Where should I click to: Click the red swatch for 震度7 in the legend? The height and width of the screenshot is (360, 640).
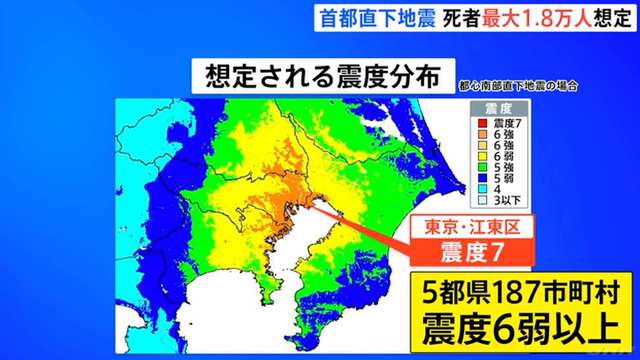pyautogui.click(x=482, y=123)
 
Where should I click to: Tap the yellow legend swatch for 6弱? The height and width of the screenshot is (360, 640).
pyautogui.click(x=482, y=156)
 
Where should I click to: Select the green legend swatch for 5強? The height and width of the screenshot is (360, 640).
pyautogui.click(x=482, y=167)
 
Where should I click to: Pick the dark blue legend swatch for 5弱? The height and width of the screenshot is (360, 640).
pyautogui.click(x=482, y=178)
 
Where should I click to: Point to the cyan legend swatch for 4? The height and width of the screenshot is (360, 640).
pyautogui.click(x=482, y=189)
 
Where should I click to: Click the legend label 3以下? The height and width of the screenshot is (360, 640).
pyautogui.click(x=507, y=200)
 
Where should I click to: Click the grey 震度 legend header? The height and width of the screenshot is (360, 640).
pyautogui.click(x=498, y=109)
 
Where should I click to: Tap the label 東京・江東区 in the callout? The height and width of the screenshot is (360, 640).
pyautogui.click(x=472, y=227)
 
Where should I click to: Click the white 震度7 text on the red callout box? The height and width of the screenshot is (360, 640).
pyautogui.click(x=472, y=253)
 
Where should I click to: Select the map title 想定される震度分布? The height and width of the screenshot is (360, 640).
pyautogui.click(x=323, y=76)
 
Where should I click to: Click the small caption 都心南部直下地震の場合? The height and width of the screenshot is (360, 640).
pyautogui.click(x=518, y=86)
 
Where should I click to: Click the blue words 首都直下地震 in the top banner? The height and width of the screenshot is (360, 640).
pyautogui.click(x=378, y=18)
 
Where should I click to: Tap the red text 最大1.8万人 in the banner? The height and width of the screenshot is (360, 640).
pyautogui.click(x=537, y=18)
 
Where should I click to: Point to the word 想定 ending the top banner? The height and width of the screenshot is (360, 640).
pyautogui.click(x=613, y=18)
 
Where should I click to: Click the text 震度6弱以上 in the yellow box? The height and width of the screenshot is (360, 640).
pyautogui.click(x=521, y=330)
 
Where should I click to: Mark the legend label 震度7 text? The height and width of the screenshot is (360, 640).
pyautogui.click(x=507, y=123)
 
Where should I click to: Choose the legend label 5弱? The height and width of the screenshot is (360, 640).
pyautogui.click(x=504, y=178)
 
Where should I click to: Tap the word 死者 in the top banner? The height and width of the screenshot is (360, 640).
pyautogui.click(x=460, y=18)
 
